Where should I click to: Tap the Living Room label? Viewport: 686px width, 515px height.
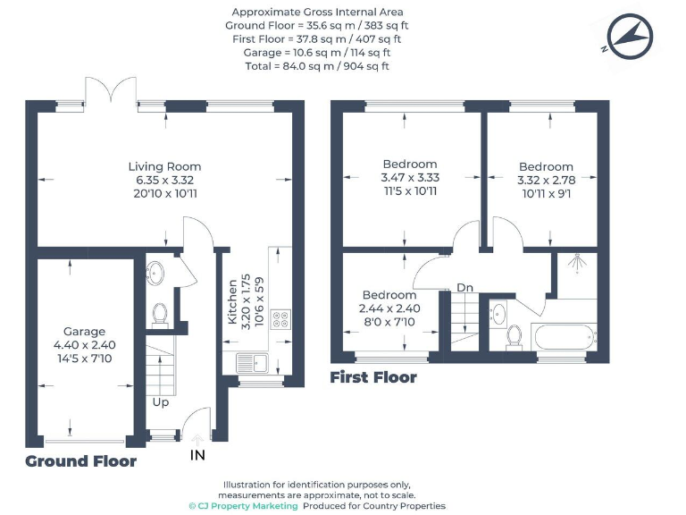(x=164, y=166)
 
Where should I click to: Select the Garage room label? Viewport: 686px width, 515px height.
(x=84, y=331)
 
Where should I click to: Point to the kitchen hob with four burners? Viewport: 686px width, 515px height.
(x=280, y=318)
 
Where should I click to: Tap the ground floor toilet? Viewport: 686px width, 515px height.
(x=160, y=314)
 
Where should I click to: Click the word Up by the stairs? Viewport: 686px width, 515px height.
(x=160, y=401)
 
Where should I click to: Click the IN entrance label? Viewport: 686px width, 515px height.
(x=197, y=456)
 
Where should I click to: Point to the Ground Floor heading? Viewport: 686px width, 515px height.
(x=80, y=461)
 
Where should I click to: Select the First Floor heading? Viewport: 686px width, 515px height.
(x=373, y=377)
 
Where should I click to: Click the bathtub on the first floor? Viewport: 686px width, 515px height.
(x=562, y=338)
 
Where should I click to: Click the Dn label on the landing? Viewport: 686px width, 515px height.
(x=464, y=288)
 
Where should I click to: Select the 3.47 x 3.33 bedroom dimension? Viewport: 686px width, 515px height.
(x=410, y=177)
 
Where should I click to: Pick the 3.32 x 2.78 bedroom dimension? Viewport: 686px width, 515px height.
(x=546, y=180)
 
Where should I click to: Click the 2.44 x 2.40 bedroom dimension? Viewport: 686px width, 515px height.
(x=389, y=308)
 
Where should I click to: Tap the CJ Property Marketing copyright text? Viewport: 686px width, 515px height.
(x=243, y=506)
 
